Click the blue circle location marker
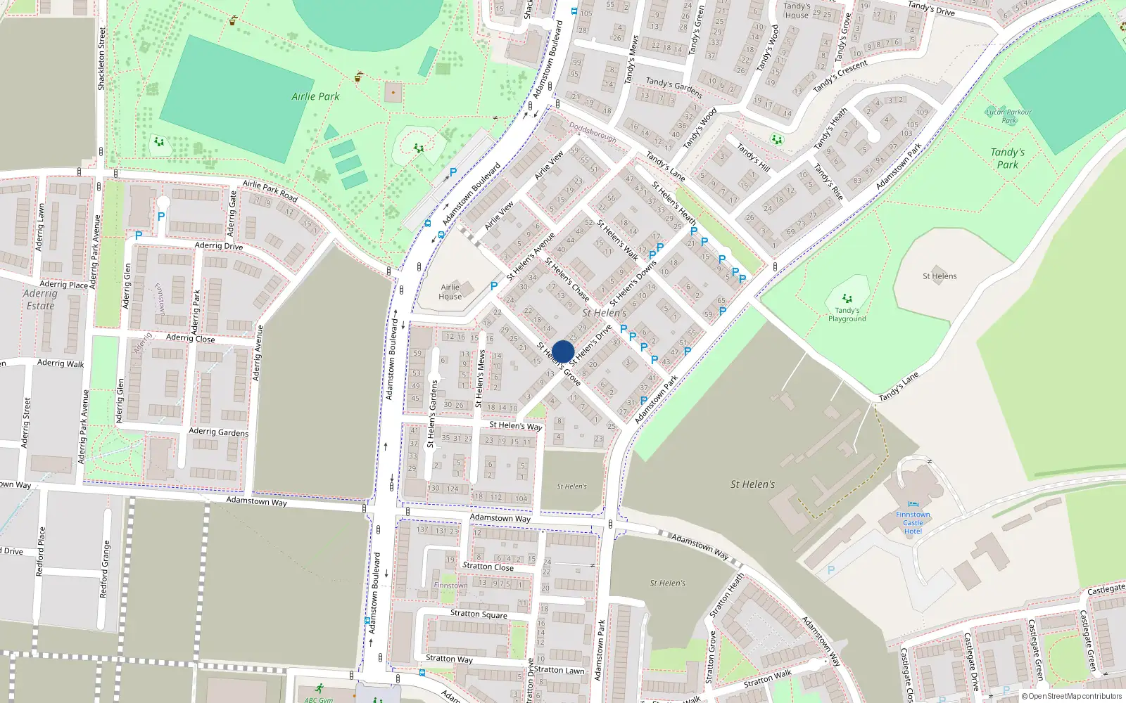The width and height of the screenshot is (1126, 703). coord(563,351)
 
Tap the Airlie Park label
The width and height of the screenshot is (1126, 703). coord(315,96)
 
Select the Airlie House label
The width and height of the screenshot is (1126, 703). coord(450,292)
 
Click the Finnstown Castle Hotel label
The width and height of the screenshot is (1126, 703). coord(913,523)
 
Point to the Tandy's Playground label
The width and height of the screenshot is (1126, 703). coord(847,314)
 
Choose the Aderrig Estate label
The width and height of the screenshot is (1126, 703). coord(40,299)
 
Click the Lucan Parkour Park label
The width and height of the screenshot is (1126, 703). coord(1008,116)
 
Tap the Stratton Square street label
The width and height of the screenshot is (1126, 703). coord(479,614)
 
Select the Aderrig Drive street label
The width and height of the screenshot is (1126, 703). coord(219,245)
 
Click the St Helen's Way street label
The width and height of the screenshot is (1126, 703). coord(515,425)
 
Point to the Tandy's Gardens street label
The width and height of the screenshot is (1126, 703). coord(673,87)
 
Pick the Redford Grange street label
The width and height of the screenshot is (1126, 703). coord(104,569)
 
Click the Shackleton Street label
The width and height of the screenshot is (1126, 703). coord(101,58)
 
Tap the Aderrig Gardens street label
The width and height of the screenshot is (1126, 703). coord(218,432)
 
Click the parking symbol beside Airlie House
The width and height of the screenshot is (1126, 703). coord(494,286)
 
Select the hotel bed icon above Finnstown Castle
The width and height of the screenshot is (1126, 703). coord(913,504)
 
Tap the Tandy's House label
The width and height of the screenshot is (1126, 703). coord(797,11)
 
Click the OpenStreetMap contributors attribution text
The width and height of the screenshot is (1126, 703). coord(1072,696)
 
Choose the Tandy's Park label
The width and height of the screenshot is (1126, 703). coord(1007,158)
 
